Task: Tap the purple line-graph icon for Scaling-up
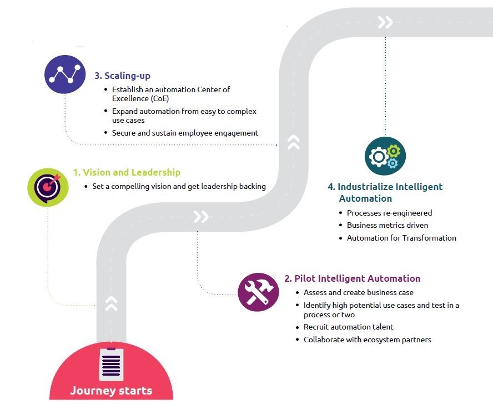coord(66,74)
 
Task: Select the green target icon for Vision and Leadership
coord(48,187)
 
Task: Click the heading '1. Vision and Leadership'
coord(127,173)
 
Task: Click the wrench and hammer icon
coord(258,292)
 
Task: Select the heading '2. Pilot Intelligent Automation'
coord(352,278)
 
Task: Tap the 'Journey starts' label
coord(111,390)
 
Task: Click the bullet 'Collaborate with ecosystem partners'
coord(367,340)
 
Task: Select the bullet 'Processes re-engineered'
coord(389,213)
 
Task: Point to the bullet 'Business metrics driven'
coord(387,225)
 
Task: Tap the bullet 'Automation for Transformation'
coord(401,238)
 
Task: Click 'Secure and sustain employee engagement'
coord(185,133)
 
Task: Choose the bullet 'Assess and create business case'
coord(358,292)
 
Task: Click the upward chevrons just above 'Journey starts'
coord(111,303)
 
